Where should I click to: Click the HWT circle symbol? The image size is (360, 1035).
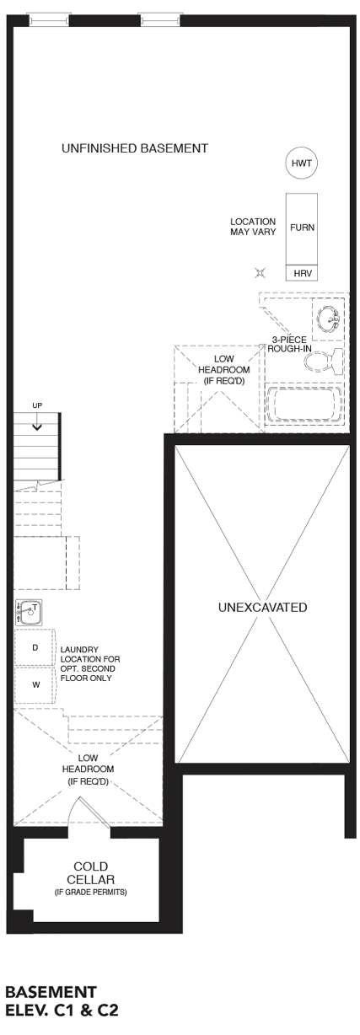pyautogui.click(x=301, y=164)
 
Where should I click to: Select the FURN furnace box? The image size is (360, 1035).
pyautogui.click(x=302, y=228)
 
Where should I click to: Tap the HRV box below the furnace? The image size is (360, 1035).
pyautogui.click(x=302, y=272)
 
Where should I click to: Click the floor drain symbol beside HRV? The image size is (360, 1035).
pyautogui.click(x=261, y=273)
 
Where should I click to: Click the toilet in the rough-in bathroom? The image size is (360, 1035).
pyautogui.click(x=325, y=361)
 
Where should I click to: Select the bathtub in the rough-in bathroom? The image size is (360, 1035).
pyautogui.click(x=304, y=405)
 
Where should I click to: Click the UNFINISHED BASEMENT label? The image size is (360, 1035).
pyautogui.click(x=135, y=148)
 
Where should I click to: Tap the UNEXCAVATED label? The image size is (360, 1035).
pyautogui.click(x=262, y=607)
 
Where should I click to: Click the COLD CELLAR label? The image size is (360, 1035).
pyautogui.click(x=90, y=873)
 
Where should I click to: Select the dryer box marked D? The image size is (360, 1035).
pyautogui.click(x=35, y=647)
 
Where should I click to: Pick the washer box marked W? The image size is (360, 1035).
pyautogui.click(x=35, y=684)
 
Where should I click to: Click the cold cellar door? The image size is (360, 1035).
pyautogui.click(x=94, y=812)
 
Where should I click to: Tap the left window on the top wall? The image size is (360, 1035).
pyautogui.click(x=48, y=20)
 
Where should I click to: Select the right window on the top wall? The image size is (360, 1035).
pyautogui.click(x=160, y=20)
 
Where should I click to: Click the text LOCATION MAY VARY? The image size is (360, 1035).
pyautogui.click(x=253, y=227)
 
